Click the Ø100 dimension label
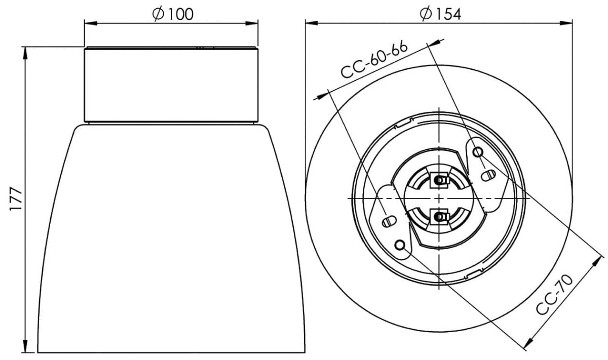[173, 14]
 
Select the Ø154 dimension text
[440, 14]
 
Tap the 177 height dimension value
[16, 198]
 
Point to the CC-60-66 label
[374, 60]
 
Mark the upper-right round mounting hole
[478, 152]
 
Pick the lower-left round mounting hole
[400, 245]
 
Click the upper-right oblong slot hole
[488, 175]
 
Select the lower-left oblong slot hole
[389, 221]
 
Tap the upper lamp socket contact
[439, 180]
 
